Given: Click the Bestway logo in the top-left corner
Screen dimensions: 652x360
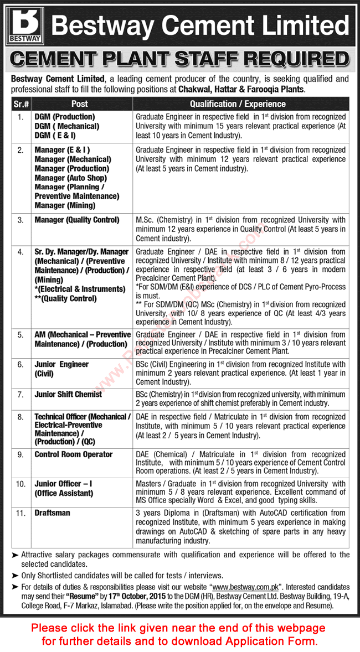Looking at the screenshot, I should [x=23, y=25].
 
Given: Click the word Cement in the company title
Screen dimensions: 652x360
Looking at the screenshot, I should [x=198, y=26].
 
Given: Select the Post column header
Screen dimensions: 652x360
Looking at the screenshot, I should [x=79, y=104].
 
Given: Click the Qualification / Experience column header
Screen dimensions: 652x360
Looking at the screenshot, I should [x=238, y=104].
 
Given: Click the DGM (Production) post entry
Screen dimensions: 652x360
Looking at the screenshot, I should [x=65, y=117].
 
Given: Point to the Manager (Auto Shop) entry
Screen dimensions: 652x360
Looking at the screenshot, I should [x=70, y=178].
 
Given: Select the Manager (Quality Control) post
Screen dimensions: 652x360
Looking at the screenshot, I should [x=76, y=220].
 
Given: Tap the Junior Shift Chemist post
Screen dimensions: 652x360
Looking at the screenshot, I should [x=68, y=394].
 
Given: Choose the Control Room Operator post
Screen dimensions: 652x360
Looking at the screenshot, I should [x=73, y=454].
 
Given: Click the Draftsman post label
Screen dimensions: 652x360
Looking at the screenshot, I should [x=52, y=513].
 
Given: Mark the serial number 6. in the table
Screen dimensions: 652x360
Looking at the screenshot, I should [x=20, y=364].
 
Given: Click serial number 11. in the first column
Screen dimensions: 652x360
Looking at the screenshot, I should [x=20, y=513].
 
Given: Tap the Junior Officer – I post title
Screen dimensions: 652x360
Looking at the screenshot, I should [x=63, y=483].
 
